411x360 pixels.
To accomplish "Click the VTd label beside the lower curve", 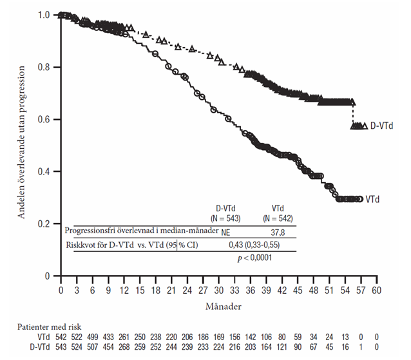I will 372,200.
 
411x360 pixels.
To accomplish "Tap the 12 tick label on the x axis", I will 124,290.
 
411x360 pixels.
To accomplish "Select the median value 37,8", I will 279,231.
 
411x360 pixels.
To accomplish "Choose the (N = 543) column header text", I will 227,218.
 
